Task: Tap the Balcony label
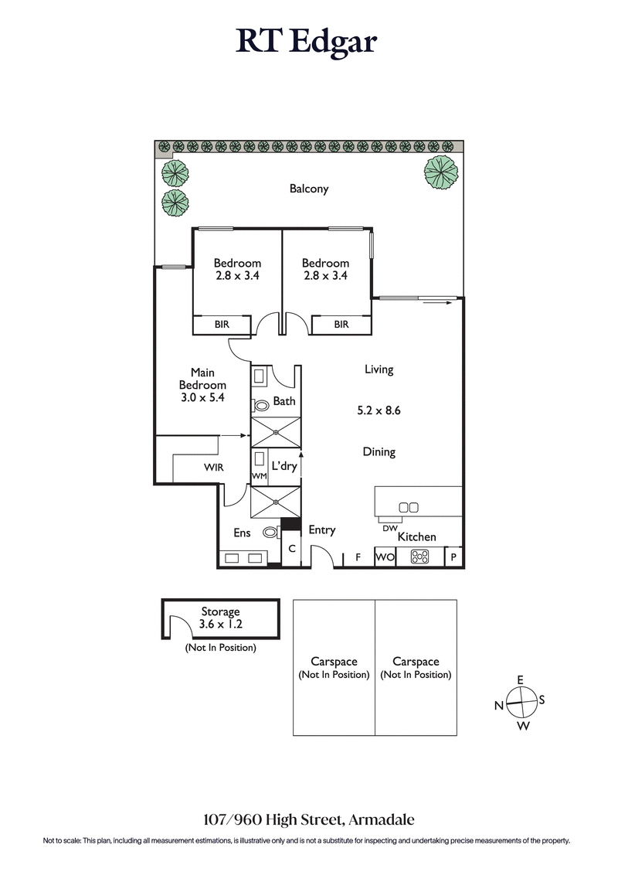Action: [x=309, y=189]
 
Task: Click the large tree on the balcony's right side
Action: [x=440, y=172]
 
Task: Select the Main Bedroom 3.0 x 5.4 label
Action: [x=202, y=385]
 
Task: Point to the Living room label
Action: [x=379, y=369]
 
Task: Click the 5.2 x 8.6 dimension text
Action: [x=379, y=410]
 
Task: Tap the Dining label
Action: [x=379, y=452]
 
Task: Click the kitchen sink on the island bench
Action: [x=409, y=507]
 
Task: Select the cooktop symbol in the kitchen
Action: [x=420, y=557]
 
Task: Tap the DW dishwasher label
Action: [x=389, y=529]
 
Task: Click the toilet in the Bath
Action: [x=261, y=404]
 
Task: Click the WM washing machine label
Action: [x=258, y=476]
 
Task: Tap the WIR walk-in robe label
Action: [x=214, y=468]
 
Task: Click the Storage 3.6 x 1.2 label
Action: [x=220, y=618]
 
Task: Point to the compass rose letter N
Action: [x=499, y=705]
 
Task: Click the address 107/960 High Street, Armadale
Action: [x=309, y=818]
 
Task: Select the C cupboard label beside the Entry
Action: [x=292, y=548]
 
